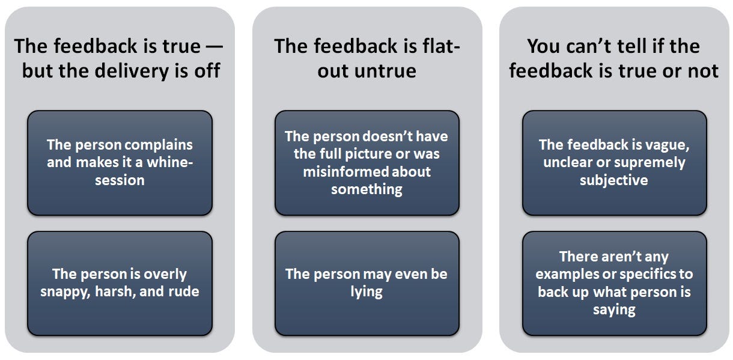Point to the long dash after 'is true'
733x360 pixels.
click(x=214, y=46)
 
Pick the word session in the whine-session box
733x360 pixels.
click(x=120, y=180)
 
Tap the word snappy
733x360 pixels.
click(x=65, y=292)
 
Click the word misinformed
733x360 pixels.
click(x=345, y=171)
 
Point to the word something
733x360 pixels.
click(x=367, y=190)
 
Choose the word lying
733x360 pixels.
click(x=366, y=291)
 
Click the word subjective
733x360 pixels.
click(x=614, y=180)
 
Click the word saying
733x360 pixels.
click(x=614, y=310)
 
